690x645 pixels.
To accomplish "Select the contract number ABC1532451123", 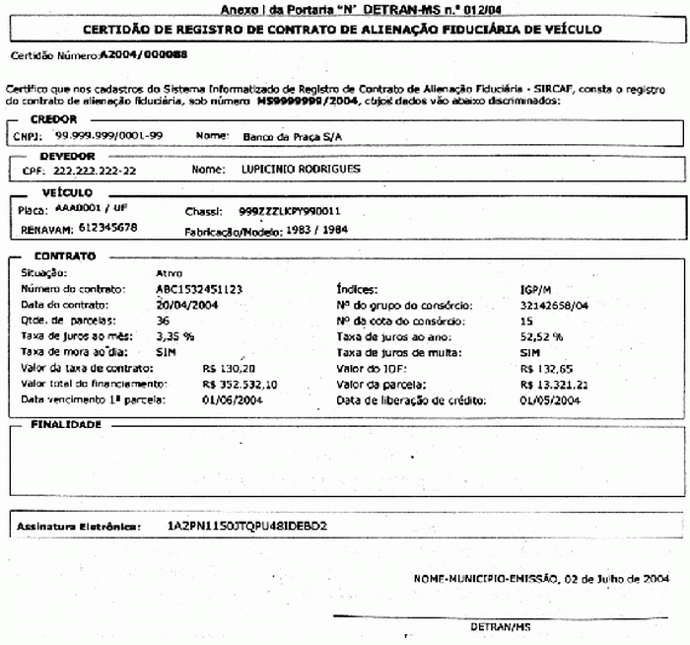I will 200,290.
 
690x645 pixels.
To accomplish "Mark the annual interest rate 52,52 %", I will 541,335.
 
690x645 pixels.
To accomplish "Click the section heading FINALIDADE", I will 66,423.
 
